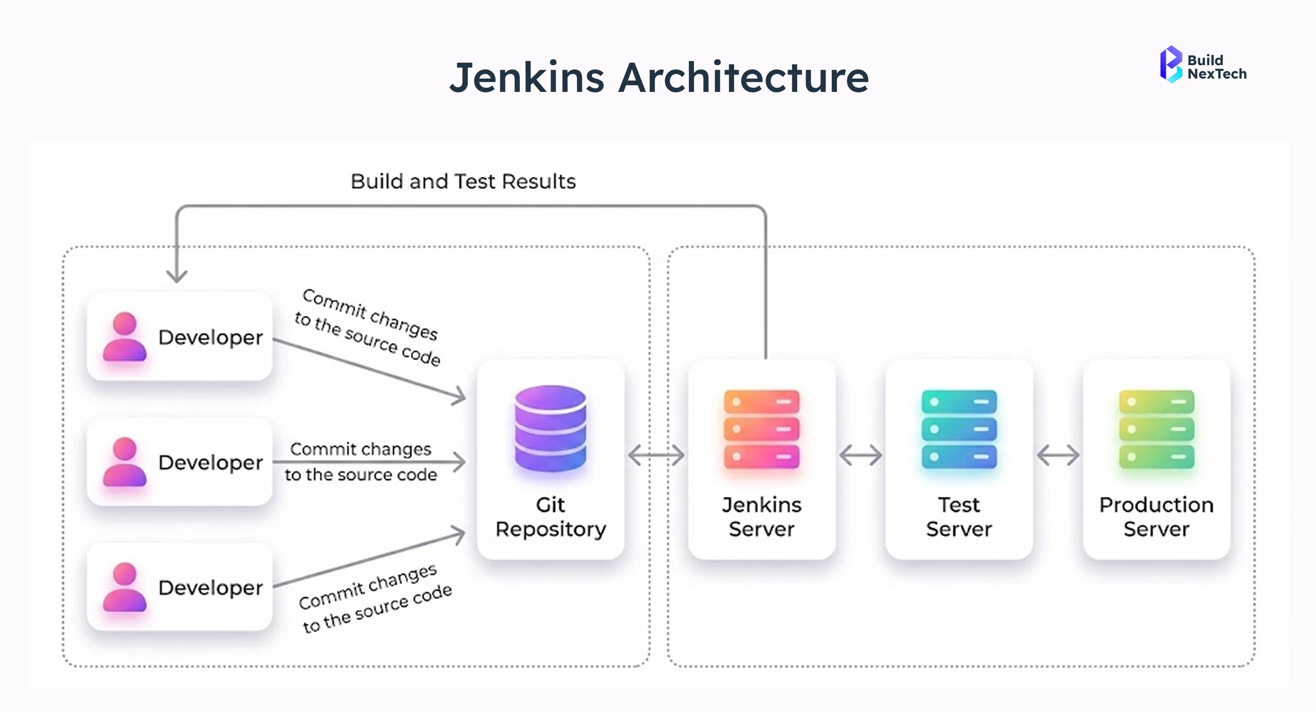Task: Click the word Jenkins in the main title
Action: [527, 78]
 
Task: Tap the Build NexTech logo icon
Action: [1171, 65]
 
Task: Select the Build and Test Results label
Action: [463, 181]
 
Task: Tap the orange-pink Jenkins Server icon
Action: [761, 429]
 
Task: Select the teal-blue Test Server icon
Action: [959, 429]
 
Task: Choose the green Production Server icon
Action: [1156, 429]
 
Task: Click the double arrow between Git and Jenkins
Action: [656, 455]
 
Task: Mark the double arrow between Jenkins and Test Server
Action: [860, 455]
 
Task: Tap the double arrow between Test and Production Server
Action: [1058, 455]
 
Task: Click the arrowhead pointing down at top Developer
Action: [177, 276]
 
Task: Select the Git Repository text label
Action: [550, 517]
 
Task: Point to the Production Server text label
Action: [1156, 517]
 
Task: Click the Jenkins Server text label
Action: [761, 517]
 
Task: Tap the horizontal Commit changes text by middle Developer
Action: [361, 450]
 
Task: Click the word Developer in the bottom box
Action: [210, 588]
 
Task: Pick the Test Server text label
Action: [959, 517]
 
